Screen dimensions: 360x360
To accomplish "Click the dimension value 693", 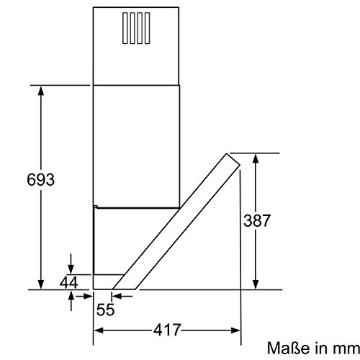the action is pyautogui.click(x=40, y=179).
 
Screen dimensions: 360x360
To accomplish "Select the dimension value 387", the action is pyautogui.click(x=257, y=220).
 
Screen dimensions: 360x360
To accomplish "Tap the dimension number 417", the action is pyautogui.click(x=167, y=330).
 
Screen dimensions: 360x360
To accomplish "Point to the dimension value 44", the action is pyautogui.click(x=69, y=282).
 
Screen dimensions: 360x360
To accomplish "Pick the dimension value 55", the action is pyautogui.click(x=106, y=310).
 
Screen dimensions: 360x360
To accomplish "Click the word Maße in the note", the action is pyautogui.click(x=288, y=348).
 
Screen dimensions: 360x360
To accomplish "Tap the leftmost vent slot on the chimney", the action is pyautogui.click(x=125, y=28).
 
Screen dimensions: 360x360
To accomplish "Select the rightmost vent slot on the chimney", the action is pyautogui.click(x=148, y=28).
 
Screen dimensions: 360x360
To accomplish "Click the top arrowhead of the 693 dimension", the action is pyautogui.click(x=41, y=91).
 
